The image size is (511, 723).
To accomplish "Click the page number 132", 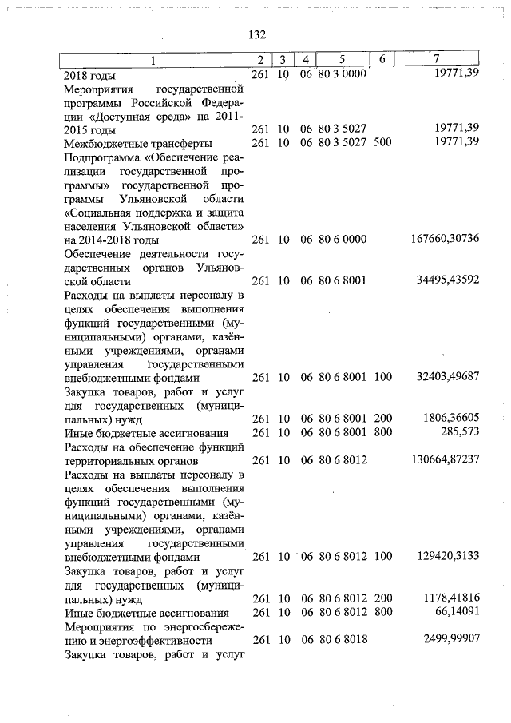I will coord(256,35).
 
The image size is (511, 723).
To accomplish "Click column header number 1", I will coord(154,60).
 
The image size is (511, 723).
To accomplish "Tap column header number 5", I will coord(341,60).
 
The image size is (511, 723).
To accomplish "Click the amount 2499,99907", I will coord(446,640).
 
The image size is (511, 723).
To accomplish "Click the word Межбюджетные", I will coord(105,142).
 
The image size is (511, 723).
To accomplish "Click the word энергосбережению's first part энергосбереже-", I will coord(198,626).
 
